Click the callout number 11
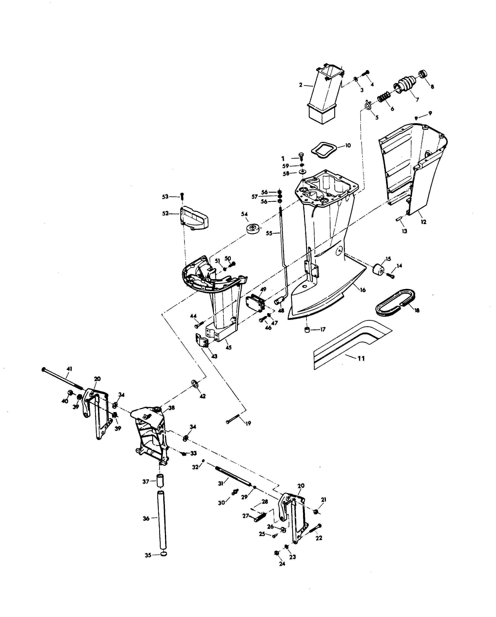coord(361,358)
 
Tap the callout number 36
coord(146,518)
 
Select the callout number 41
coord(69,369)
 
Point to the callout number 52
coord(165,213)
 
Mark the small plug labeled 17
coord(307,330)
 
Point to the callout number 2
coord(301,85)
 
